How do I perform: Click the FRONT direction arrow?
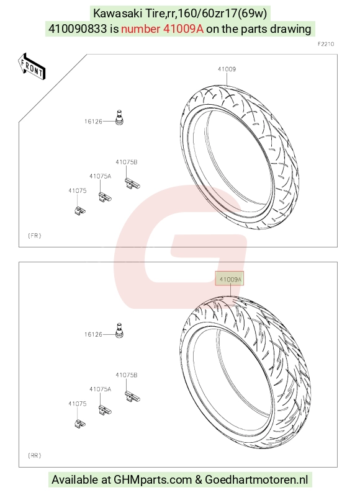pos(32,66)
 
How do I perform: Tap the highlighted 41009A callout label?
pos(230,279)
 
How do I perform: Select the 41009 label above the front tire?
pos(227,69)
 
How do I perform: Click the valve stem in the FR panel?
pos(119,117)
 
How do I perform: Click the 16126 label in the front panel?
pos(93,122)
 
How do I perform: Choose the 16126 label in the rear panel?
pos(93,334)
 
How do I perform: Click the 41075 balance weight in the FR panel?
pos(80,210)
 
